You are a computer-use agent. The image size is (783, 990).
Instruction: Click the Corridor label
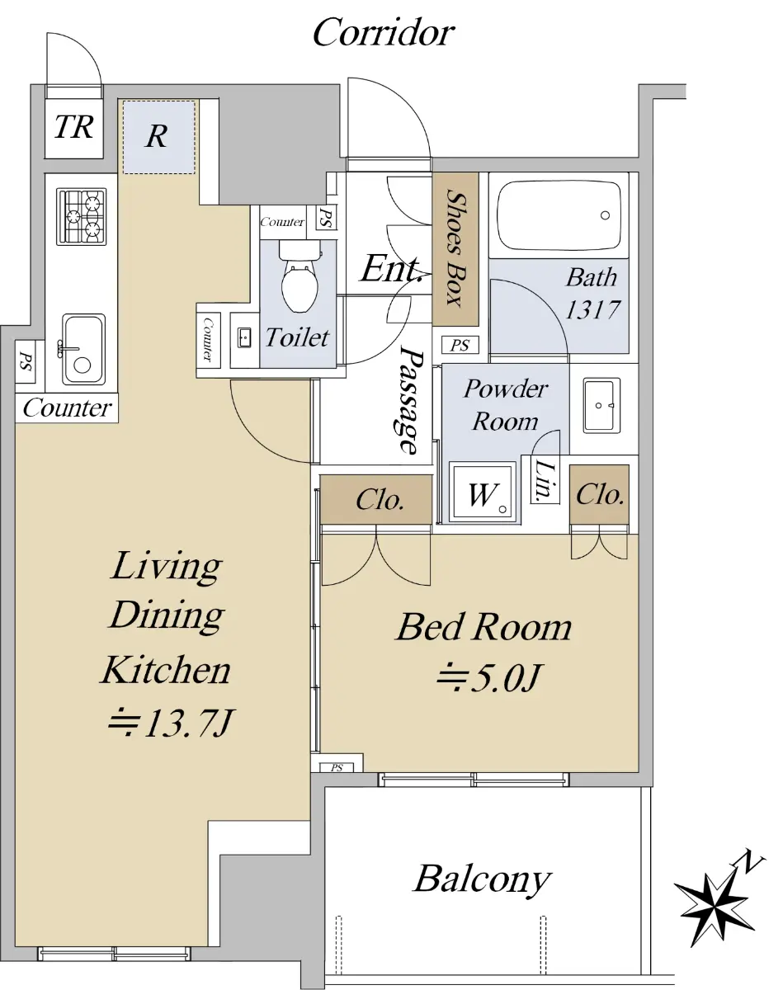[x=384, y=33]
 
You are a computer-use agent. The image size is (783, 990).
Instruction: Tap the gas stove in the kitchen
[x=82, y=216]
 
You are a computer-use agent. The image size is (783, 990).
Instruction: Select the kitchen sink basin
[x=83, y=350]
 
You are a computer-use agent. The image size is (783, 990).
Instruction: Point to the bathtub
[x=559, y=215]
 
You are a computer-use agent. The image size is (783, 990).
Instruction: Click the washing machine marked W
[x=482, y=493]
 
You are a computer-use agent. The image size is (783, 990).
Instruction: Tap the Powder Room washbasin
[x=601, y=405]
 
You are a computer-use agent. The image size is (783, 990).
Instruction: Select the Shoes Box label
[x=455, y=248]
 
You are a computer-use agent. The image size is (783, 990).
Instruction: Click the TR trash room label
[x=74, y=126]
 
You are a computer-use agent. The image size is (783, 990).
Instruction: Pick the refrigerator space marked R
[x=158, y=137]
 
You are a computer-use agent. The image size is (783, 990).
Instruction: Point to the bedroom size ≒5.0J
[x=490, y=677]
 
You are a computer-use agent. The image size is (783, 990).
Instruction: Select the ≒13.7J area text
[x=171, y=724]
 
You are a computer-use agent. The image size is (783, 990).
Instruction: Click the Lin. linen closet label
[x=545, y=480]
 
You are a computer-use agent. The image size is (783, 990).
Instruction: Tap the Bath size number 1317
[x=592, y=309]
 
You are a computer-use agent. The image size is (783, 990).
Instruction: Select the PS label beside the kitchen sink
[x=26, y=361]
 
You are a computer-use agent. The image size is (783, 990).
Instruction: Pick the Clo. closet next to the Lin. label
[x=600, y=494]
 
